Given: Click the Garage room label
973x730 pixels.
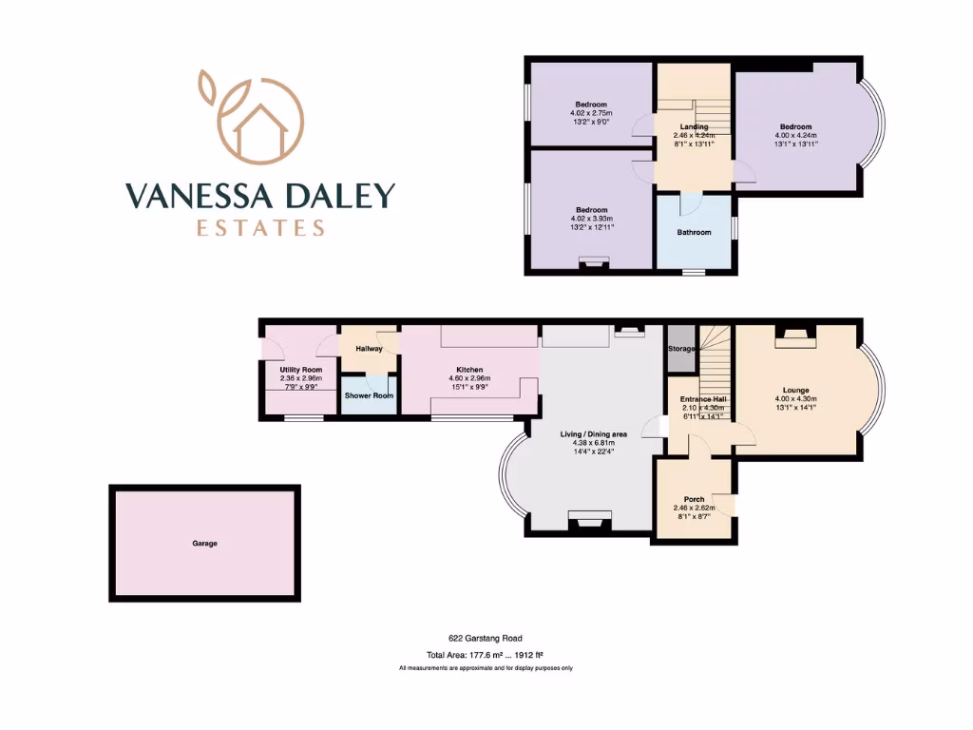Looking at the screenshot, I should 204,544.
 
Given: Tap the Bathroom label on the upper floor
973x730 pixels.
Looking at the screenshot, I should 694,232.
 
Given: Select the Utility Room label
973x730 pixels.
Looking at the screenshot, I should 300,370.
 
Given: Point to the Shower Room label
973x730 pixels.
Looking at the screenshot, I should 369,395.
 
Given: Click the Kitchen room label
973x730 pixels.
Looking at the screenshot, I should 469,370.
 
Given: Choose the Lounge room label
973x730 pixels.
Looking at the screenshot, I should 795,390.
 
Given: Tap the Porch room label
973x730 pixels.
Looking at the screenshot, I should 694,499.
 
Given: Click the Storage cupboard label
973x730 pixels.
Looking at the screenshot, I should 681,349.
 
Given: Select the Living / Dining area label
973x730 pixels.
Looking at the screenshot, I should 594,433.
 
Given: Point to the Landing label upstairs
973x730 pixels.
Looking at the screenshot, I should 694,126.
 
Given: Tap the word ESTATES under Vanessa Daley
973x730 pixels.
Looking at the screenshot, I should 259,228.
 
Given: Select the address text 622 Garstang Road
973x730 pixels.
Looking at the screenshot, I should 486,639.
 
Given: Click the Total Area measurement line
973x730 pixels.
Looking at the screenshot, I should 486,655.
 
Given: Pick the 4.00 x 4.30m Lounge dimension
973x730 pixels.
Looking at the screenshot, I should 795,399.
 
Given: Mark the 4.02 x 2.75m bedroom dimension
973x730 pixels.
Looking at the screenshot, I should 590,113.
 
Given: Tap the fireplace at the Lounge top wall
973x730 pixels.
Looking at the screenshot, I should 795,332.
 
